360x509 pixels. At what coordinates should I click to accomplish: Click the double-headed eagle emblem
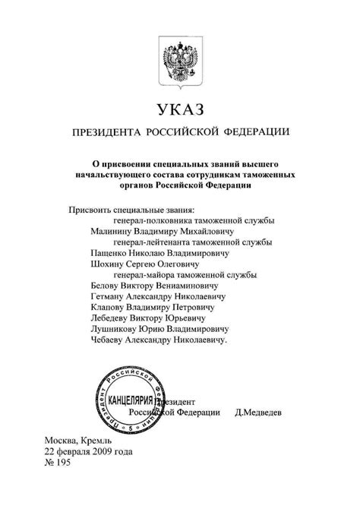[180, 58]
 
